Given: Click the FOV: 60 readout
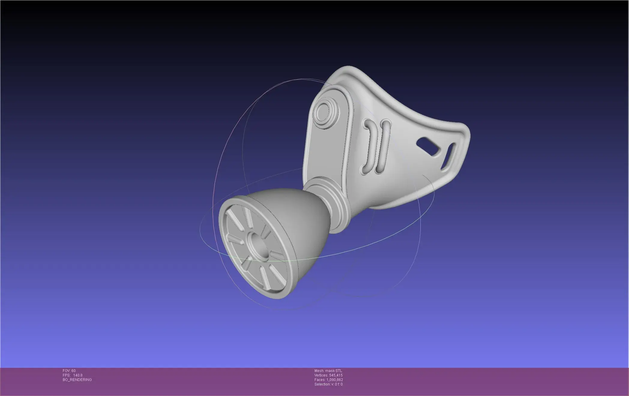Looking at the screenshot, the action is pos(69,371).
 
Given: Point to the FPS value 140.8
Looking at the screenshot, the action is pos(78,375).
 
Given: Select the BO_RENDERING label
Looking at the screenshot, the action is pos(77,380).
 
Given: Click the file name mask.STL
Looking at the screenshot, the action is pos(334,371).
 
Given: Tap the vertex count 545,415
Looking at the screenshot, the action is pos(336,375).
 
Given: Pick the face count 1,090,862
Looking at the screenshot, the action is pos(335,380).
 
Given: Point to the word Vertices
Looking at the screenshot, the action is pos(321,375).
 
